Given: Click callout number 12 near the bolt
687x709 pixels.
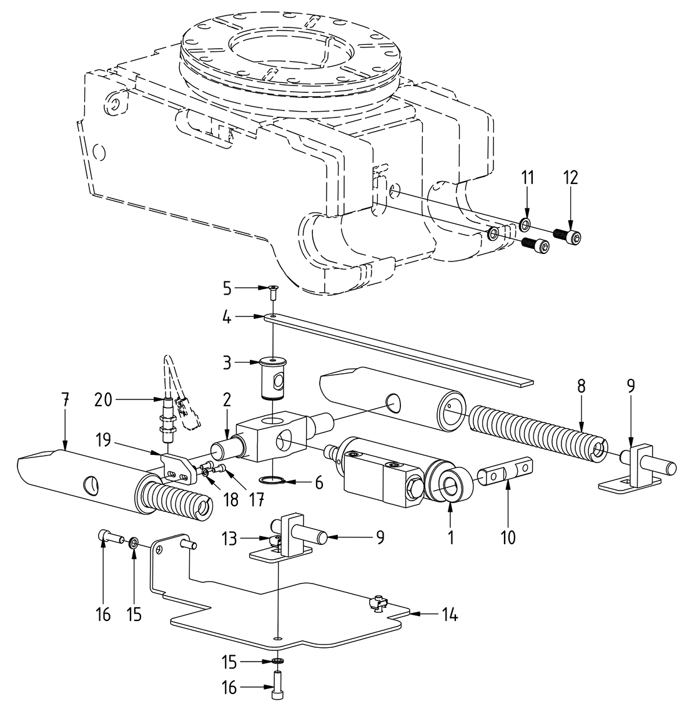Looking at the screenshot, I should click(x=570, y=178).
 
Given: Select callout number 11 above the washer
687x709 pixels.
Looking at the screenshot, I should click(x=528, y=178).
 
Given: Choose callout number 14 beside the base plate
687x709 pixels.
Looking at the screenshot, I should click(x=450, y=615).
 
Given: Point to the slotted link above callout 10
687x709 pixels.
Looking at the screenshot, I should click(x=507, y=469).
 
